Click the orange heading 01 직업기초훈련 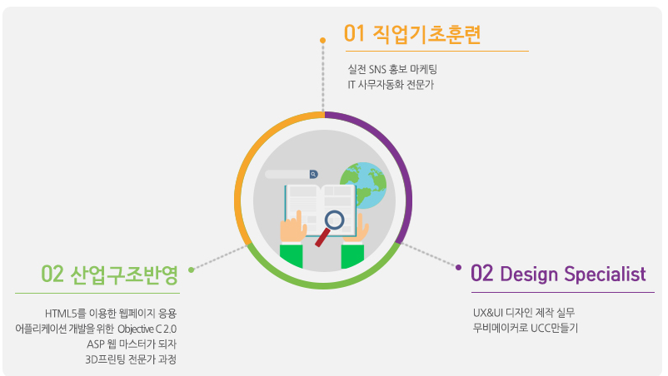click(412, 34)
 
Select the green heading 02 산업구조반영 click(109, 275)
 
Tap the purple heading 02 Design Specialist click(558, 274)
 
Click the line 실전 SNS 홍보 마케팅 click(392, 69)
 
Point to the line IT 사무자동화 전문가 click(391, 85)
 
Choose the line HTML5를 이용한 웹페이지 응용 click(111, 314)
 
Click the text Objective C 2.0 click(147, 329)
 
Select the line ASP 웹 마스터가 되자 click(132, 344)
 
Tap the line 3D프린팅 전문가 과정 click(131, 359)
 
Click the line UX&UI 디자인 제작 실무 click(524, 313)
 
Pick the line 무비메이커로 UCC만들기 click(526, 328)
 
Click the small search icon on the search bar click(313, 174)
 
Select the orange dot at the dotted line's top click(323, 41)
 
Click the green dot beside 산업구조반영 click(192, 270)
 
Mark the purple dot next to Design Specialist click(458, 268)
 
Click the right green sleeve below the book click(353, 256)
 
